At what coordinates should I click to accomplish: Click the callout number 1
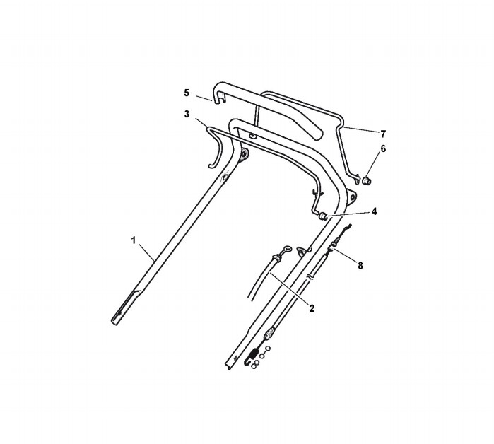(x=134, y=240)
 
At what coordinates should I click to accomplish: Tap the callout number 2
(x=312, y=308)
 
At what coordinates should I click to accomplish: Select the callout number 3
(x=187, y=114)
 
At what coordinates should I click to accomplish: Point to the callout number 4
(x=374, y=211)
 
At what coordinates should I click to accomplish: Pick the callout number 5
(x=187, y=93)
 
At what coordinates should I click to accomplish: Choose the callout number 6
(x=383, y=148)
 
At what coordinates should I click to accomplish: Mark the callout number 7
(x=383, y=134)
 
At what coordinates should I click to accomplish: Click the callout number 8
(x=360, y=266)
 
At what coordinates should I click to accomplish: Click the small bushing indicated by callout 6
(x=367, y=181)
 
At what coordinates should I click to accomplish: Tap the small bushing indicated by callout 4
(x=323, y=216)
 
